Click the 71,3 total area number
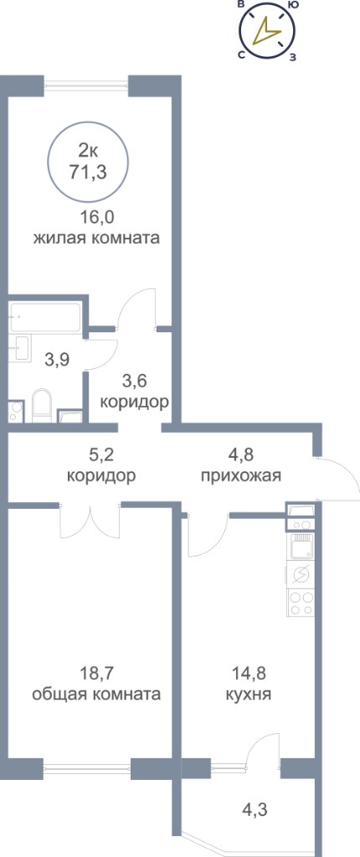click(x=88, y=172)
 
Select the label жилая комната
click(x=96, y=239)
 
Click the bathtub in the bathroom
click(x=45, y=317)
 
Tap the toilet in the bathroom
click(x=41, y=405)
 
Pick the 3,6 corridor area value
click(x=135, y=381)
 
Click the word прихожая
click(x=241, y=475)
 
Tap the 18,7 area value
click(x=96, y=673)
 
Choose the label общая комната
click(x=96, y=695)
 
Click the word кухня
click(x=249, y=695)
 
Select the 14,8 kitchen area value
click(x=249, y=673)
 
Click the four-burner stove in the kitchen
click(x=301, y=603)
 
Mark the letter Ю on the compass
click(x=293, y=6)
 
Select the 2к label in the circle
click(x=88, y=149)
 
